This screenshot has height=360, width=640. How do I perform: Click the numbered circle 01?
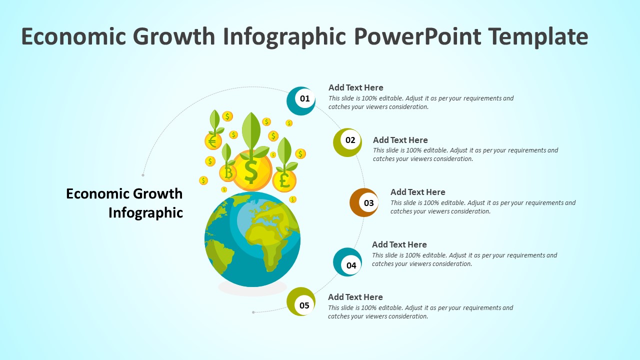coord(301,100)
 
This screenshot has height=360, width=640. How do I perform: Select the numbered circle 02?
coord(348,142)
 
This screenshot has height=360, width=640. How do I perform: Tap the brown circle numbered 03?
coord(364,202)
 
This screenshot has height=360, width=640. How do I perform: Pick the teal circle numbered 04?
coord(348,262)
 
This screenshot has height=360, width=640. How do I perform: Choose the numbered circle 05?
coord(301,302)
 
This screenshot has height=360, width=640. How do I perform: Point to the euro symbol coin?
coord(213,141)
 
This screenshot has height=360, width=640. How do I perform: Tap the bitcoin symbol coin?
coord(228,173)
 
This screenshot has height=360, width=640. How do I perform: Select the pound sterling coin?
coord(284,180)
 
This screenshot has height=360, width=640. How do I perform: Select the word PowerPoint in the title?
coord(417,36)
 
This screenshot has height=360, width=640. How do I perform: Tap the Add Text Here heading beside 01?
coord(355,87)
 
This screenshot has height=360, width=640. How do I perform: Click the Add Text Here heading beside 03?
coord(417,192)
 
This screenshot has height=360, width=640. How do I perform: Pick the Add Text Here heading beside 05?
coord(355,297)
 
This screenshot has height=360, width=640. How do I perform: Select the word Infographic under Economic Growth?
coord(145,212)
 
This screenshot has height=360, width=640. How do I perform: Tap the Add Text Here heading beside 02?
coord(400,140)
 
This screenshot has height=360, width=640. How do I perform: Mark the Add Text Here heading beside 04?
coord(399,244)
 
